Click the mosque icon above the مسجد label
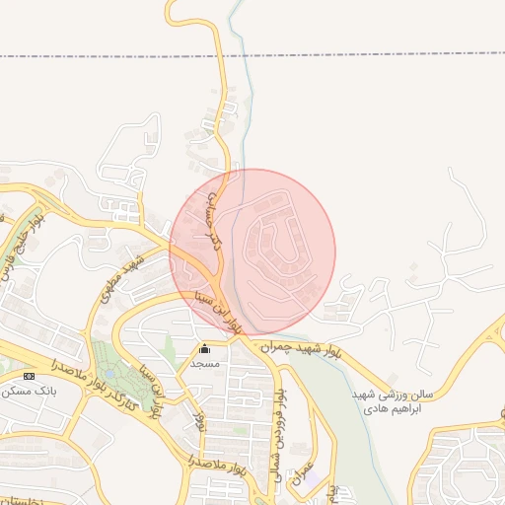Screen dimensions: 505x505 pyautogui.click(x=204, y=348)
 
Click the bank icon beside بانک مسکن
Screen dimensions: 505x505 pyautogui.click(x=29, y=376)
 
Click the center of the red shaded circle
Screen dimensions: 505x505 pyautogui.click(x=252, y=252)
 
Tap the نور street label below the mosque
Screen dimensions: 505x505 pyautogui.click(x=199, y=418)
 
